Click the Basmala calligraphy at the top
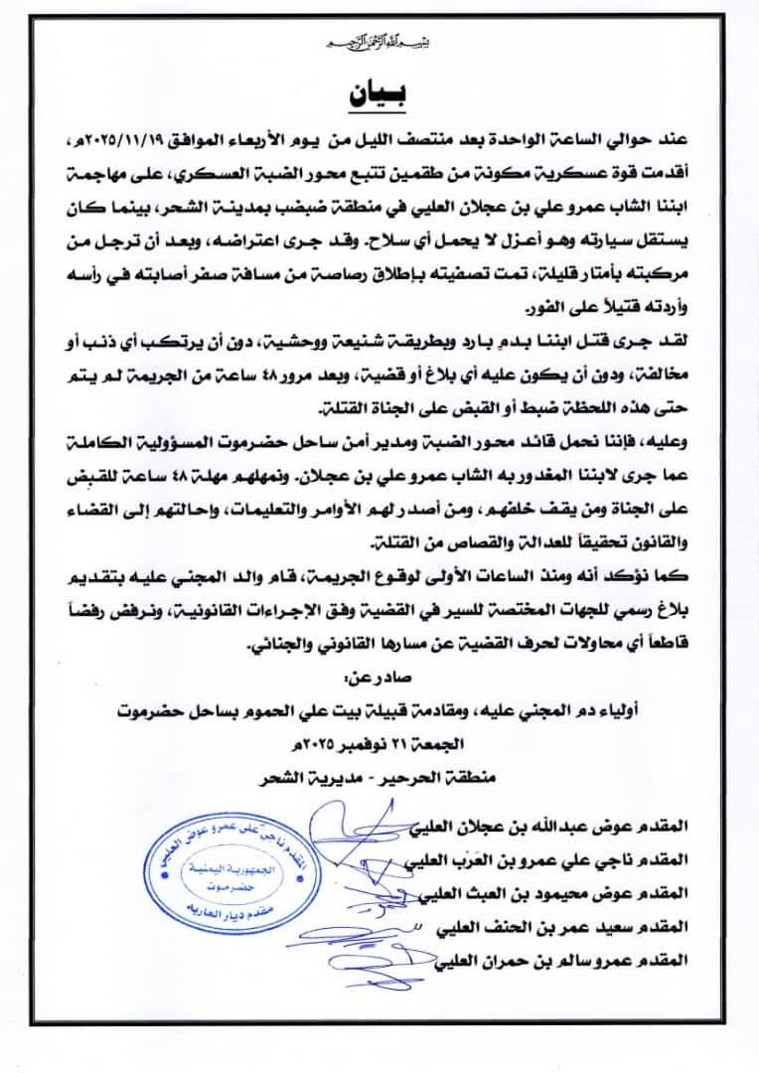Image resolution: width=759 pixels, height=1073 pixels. coord(378,44)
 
